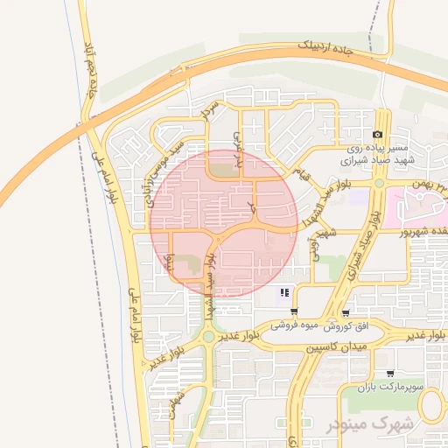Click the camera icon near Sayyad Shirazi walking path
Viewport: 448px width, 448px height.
coord(377,135)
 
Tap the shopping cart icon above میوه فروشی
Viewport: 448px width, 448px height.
coord(293,311)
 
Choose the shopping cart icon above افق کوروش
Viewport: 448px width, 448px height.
coord(347,311)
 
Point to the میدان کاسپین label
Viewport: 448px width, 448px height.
coord(335,347)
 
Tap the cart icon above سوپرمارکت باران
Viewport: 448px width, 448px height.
coord(389,372)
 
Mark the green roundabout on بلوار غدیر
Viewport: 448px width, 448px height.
coord(208,336)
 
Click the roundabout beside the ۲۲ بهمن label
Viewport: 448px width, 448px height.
coord(379,184)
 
